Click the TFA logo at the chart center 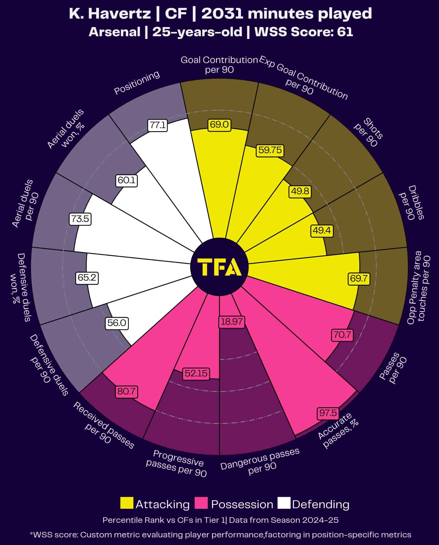pos(219,267)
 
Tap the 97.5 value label pos(328,413)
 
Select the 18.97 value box pos(232,322)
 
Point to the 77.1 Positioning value pos(158,125)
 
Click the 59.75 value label pos(270,150)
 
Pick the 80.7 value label pos(126,391)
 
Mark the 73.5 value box pos(80,219)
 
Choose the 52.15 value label pos(196,373)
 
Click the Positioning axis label pos(137,82)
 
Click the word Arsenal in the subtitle pos(115,32)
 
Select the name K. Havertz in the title pos(110,14)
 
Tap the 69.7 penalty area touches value pos(359,278)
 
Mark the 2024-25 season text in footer pos(320,520)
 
